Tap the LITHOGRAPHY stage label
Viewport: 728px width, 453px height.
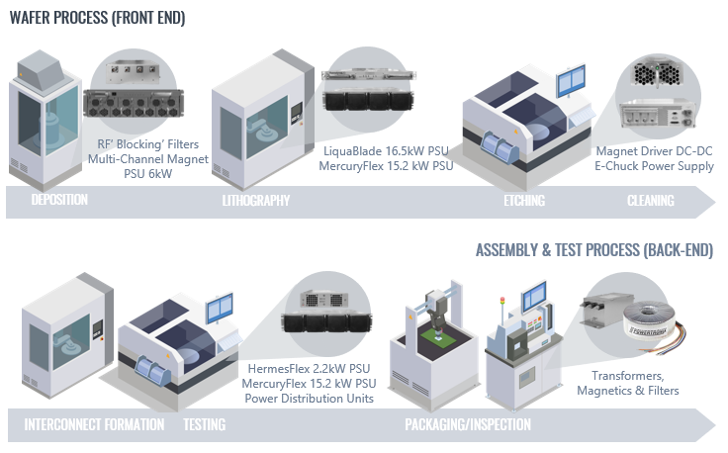(256, 201)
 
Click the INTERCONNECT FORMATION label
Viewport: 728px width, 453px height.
(94, 425)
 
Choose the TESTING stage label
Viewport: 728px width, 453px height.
(204, 425)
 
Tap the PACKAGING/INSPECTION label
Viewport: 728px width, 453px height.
(467, 425)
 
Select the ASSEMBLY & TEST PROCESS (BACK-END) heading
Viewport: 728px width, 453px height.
(593, 249)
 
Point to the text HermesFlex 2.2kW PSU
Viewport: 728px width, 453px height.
(312, 368)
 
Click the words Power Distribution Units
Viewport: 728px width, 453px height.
(312, 399)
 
